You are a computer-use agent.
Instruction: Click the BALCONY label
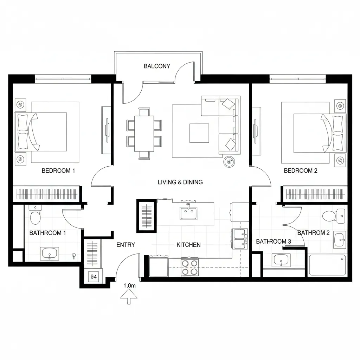click(157, 66)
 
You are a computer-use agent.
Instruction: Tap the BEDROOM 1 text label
click(58, 171)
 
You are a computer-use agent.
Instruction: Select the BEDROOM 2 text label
click(301, 171)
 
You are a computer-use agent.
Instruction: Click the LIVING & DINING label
click(180, 182)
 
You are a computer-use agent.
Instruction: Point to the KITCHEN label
click(188, 245)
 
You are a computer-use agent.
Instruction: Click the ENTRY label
click(126, 245)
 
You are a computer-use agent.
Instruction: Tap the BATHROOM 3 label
click(274, 242)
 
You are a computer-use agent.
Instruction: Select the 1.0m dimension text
click(129, 286)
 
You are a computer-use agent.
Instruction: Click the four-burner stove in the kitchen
click(190, 267)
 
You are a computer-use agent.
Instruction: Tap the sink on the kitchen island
click(188, 213)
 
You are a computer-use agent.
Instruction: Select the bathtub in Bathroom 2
click(327, 265)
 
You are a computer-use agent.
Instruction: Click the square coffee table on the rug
click(199, 133)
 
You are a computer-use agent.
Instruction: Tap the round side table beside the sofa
click(229, 161)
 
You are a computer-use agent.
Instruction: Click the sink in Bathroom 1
click(49, 253)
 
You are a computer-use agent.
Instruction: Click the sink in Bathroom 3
click(281, 261)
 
